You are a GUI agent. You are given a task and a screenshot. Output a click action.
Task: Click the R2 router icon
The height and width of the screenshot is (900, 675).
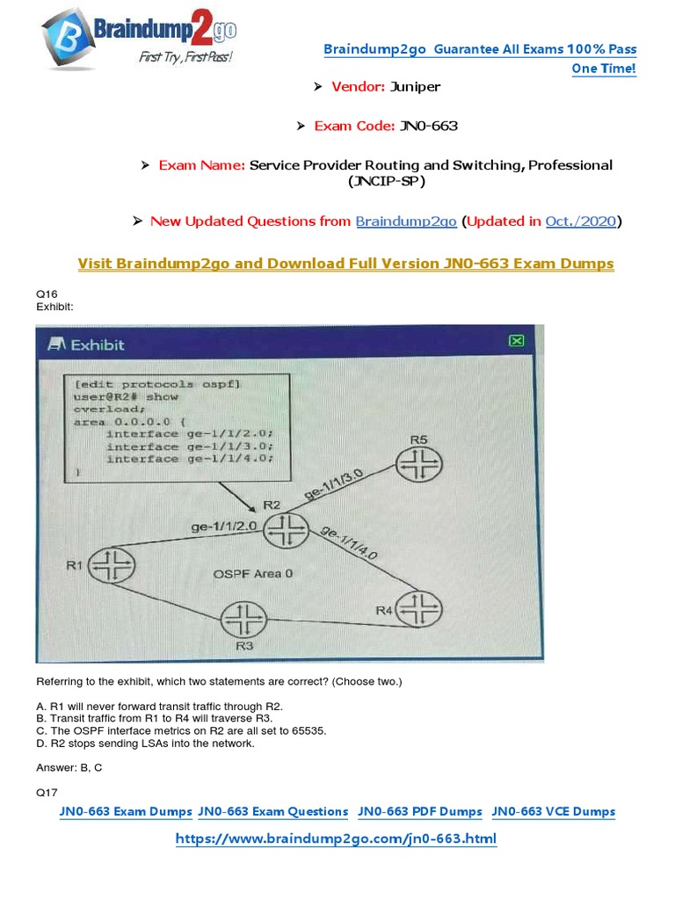(286, 529)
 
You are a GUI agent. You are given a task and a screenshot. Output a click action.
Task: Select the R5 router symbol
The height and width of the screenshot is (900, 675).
(419, 464)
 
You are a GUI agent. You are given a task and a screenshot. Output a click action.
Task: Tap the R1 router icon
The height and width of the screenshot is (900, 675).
(112, 565)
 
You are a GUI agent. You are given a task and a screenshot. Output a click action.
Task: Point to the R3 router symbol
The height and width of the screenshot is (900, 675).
(244, 620)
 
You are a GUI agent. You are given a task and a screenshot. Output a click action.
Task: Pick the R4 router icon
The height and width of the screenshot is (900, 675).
(419, 609)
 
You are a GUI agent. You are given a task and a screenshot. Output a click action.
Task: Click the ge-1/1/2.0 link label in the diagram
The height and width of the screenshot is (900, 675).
(224, 526)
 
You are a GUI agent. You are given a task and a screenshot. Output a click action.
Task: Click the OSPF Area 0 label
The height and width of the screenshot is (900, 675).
(252, 573)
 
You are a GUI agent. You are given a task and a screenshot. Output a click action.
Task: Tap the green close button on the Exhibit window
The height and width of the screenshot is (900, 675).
(517, 341)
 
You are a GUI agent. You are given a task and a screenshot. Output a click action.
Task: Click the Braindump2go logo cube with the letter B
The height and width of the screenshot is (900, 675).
(68, 39)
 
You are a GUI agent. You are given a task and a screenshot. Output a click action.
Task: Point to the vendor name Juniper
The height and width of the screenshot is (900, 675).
(415, 87)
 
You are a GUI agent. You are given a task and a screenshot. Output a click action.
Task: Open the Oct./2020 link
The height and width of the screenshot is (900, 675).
(581, 221)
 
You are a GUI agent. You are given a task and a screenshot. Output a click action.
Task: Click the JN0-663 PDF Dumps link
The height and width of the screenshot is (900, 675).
(419, 811)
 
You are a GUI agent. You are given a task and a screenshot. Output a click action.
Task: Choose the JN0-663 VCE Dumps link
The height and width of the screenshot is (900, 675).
(554, 811)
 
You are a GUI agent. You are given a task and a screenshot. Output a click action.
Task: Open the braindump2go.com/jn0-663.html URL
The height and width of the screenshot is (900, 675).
(336, 838)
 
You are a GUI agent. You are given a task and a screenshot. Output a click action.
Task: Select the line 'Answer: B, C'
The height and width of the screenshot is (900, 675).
(69, 767)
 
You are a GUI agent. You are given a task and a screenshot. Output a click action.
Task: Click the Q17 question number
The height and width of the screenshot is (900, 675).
(47, 793)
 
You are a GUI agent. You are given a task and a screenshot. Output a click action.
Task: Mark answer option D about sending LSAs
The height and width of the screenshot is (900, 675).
(145, 744)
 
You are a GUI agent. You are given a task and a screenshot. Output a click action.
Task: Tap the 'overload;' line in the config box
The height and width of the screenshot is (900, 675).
(109, 410)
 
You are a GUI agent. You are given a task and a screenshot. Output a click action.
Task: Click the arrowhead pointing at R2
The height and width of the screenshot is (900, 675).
(251, 508)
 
